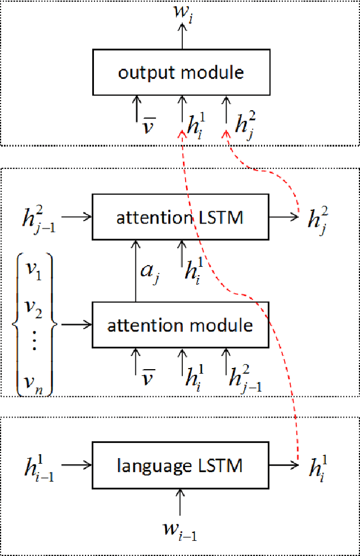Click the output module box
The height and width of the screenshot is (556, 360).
point(181,72)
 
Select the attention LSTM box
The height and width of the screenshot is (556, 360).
point(181,217)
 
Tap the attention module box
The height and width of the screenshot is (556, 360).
point(181,325)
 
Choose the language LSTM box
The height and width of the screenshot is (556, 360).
point(181,466)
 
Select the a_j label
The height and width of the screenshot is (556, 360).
point(148,271)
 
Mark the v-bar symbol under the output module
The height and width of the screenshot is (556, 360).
point(148,124)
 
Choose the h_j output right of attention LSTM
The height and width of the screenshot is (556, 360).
point(318,217)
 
